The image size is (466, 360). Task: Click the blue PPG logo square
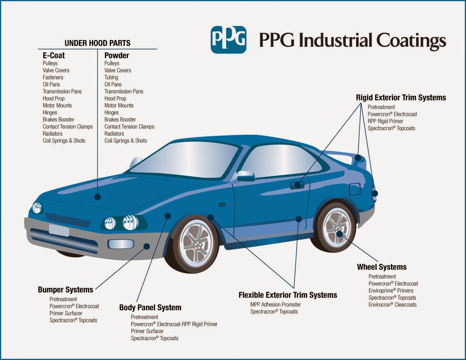pyautogui.click(x=228, y=40)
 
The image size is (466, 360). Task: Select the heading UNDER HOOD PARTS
pyautogui.click(x=97, y=43)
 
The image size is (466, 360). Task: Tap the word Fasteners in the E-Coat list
pyautogui.click(x=53, y=77)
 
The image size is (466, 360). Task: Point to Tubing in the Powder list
pyautogui.click(x=111, y=77)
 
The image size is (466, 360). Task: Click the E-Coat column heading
pyautogui.click(x=54, y=55)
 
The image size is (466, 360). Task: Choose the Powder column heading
pyautogui.click(x=116, y=55)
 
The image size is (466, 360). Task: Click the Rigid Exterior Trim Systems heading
pyautogui.click(x=401, y=97)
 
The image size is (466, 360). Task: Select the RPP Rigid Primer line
pyautogui.click(x=386, y=121)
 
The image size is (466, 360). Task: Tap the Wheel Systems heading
pyautogui.click(x=382, y=267)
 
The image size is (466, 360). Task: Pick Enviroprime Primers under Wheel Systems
pyautogui.click(x=391, y=291)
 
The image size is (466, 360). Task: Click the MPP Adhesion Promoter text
pyautogui.click(x=275, y=305)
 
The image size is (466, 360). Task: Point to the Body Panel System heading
pyautogui.click(x=150, y=308)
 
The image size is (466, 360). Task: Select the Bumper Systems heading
pyautogui.click(x=65, y=289)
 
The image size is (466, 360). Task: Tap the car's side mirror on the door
pyautogui.click(x=246, y=176)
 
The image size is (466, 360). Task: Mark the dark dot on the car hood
pyautogui.click(x=97, y=197)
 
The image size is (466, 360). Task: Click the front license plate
pyautogui.click(x=59, y=231)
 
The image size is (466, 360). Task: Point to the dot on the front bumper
pyautogui.click(x=147, y=246)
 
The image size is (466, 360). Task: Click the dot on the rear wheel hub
pyautogui.click(x=339, y=234)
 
